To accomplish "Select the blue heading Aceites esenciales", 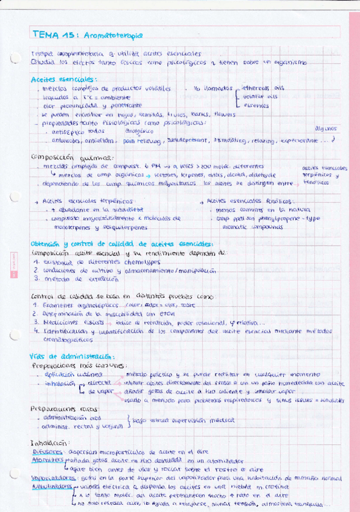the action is tap(63, 78).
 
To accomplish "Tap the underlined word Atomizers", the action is tap(47, 459).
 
